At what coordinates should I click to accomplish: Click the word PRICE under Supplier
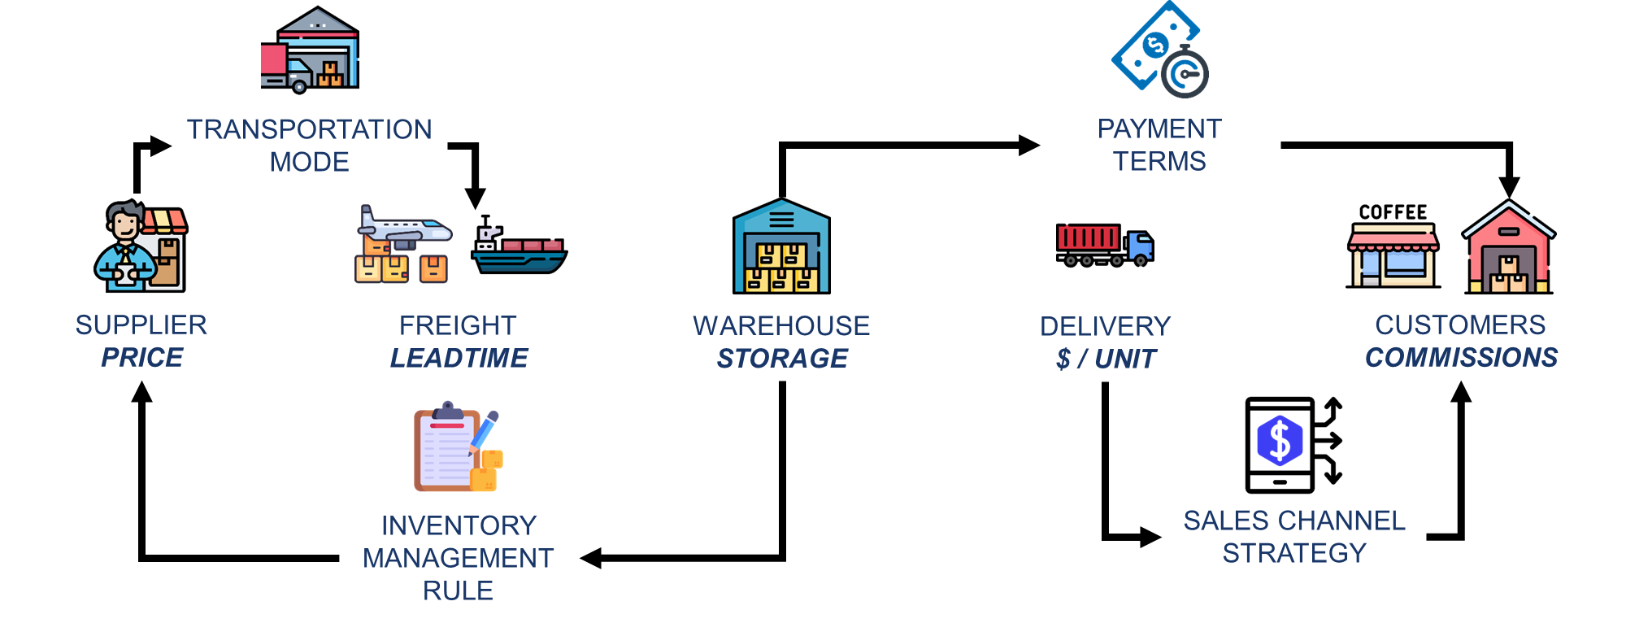(142, 358)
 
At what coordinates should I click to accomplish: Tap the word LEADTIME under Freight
(459, 358)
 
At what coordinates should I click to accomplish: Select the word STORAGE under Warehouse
(782, 359)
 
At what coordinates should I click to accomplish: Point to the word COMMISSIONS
(1461, 358)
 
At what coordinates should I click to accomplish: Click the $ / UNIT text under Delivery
(1106, 359)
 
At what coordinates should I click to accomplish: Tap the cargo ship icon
(519, 248)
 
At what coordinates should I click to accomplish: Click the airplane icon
(405, 229)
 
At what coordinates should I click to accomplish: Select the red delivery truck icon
(1104, 245)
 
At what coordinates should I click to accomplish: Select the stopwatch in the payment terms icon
(1185, 73)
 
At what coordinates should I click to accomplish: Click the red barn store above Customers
(1509, 248)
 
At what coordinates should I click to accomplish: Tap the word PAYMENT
(1159, 129)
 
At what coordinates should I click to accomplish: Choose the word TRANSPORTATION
(310, 129)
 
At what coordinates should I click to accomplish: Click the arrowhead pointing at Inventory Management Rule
(590, 558)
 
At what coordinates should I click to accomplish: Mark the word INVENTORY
(459, 525)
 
